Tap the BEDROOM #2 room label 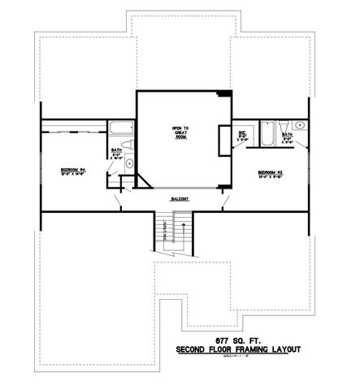point(269,172)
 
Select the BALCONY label point(180,198)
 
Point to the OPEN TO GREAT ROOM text point(180,132)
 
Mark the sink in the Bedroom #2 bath point(301,125)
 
